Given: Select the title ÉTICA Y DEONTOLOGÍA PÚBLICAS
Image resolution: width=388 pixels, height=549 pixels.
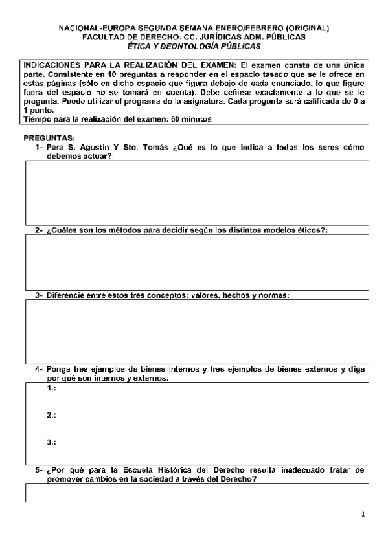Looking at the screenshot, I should pos(194,46).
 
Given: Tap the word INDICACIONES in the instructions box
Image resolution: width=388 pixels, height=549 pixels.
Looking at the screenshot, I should pos(54,66).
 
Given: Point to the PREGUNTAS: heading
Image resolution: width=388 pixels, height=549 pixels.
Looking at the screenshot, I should pos(49,139).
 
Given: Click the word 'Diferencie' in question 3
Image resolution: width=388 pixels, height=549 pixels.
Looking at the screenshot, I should pos(65,295).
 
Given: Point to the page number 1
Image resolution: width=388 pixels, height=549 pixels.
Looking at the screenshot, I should pos(363,515).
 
